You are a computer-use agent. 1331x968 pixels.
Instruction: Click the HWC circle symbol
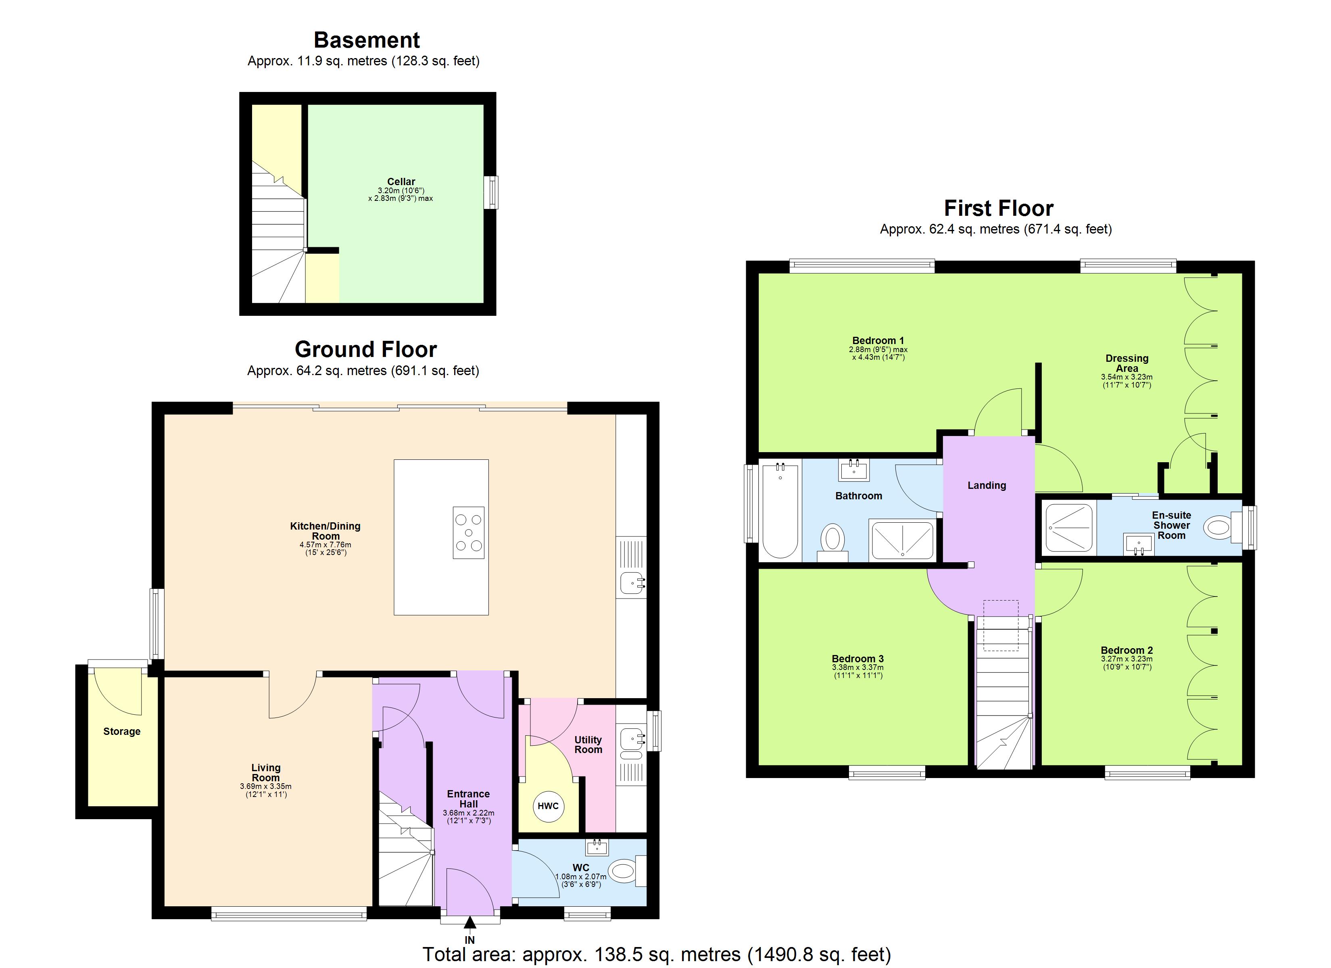pyautogui.click(x=548, y=806)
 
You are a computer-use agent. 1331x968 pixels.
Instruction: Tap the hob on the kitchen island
pyautogui.click(x=468, y=532)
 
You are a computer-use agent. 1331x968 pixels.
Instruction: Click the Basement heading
pyautogui.click(x=367, y=40)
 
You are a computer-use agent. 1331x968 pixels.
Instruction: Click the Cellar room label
pyautogui.click(x=401, y=181)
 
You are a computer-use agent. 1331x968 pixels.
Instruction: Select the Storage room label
pyautogui.click(x=122, y=731)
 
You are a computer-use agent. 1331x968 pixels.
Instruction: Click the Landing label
pyautogui.click(x=987, y=486)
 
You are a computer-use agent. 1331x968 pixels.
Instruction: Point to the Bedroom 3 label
pyautogui.click(x=857, y=659)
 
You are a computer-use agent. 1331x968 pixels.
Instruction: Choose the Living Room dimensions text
pyautogui.click(x=265, y=790)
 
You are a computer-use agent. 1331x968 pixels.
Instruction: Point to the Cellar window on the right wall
pyautogui.click(x=492, y=192)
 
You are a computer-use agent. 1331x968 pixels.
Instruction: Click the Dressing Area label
pyautogui.click(x=1127, y=363)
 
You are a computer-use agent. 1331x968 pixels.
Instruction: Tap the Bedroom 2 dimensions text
pyautogui.click(x=1127, y=663)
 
